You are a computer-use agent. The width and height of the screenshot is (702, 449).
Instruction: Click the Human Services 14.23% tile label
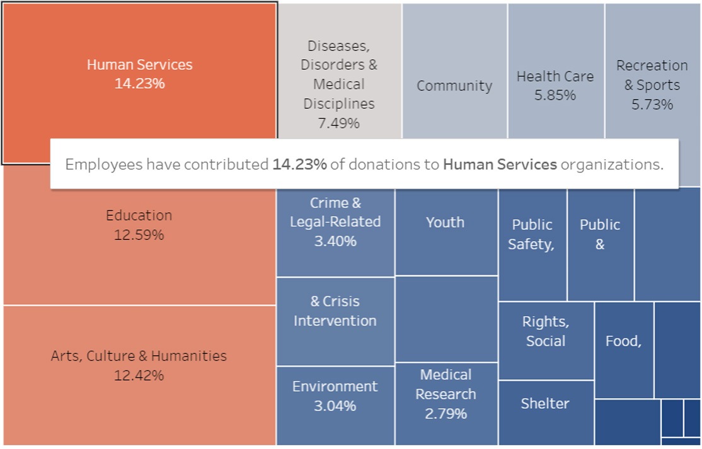coord(139,74)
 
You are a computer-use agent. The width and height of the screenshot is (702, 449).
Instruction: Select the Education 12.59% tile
coord(139,225)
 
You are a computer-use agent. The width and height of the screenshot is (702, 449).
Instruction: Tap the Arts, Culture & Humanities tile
coord(139,365)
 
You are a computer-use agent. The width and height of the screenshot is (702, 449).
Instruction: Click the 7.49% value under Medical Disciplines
coord(338,123)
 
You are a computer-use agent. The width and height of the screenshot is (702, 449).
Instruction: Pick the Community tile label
coord(454,86)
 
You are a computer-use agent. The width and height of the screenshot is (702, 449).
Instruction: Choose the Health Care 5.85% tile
coord(555,86)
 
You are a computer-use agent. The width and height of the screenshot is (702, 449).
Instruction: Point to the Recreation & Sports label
coord(652,76)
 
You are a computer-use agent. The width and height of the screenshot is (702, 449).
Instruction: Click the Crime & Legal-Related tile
coord(335,222)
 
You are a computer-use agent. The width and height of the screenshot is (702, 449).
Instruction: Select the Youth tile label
coord(445,222)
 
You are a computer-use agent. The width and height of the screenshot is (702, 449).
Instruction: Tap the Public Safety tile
coord(532,234)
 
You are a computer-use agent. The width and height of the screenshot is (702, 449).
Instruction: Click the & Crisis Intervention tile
coord(335,311)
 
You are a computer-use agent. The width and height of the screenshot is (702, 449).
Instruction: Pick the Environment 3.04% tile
coord(335,395)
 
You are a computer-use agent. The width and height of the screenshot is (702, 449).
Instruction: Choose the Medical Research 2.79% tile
coord(446,394)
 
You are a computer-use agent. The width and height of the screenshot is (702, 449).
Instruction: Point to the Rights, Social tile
coord(546,331)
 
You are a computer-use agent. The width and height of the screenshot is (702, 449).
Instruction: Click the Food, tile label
coord(623,341)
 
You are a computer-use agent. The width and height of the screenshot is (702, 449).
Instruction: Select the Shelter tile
coord(545,404)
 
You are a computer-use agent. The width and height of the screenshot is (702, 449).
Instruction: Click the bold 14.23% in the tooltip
coord(299,165)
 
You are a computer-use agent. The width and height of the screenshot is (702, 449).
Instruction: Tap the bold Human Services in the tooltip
coord(500,165)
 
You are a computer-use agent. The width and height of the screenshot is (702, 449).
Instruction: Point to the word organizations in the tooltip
coord(611,165)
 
